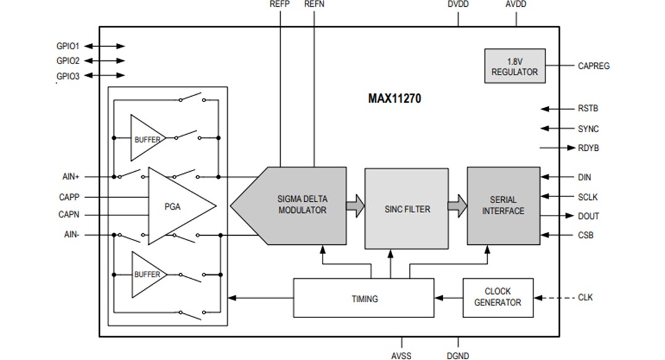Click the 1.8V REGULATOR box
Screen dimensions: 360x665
pos(514,66)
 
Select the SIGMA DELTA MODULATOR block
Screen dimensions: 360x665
pos(302,205)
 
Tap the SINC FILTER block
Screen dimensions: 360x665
pos(406,209)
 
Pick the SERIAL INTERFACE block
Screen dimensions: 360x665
pos(503,206)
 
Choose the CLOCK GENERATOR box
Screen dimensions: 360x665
pos(498,297)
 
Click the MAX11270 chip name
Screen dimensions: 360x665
pos(395,98)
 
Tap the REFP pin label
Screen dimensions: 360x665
pos(280,4)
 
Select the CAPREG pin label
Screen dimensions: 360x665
pos(594,66)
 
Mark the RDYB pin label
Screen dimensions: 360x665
pos(589,148)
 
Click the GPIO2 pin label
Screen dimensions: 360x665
pos(68,61)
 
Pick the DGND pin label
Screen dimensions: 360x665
pos(457,355)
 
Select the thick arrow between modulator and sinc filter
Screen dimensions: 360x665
pos(355,206)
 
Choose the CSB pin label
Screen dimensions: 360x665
pos(586,235)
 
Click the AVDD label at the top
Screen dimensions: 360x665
pos(515,4)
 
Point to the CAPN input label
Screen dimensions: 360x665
pos(68,215)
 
